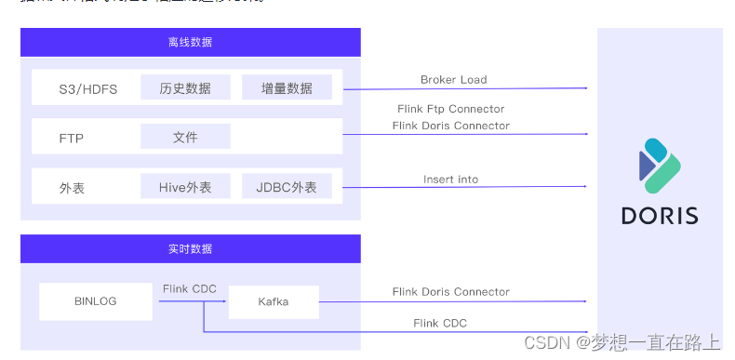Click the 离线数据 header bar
pos(190,42)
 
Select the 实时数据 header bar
pos(190,248)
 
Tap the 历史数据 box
pos(185,88)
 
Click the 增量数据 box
pos(287,88)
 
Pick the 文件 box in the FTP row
pos(185,137)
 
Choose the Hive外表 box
pos(185,187)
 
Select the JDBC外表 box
pos(287,187)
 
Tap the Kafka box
pos(273,301)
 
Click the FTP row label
pos(71,138)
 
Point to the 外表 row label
pos(72,188)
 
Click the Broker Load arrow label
pos(453,80)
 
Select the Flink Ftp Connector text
pos(450,109)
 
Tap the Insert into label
pos(450,180)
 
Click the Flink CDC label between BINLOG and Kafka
pos(189,289)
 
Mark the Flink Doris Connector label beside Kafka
pos(450,292)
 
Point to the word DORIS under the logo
pos(660,216)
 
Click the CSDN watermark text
pos(621,342)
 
